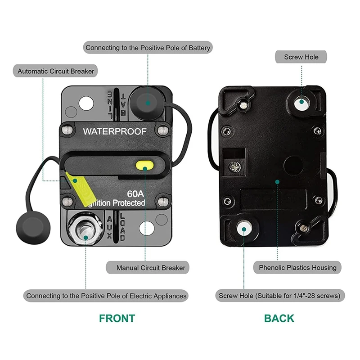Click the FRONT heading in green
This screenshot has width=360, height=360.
pyautogui.click(x=117, y=318)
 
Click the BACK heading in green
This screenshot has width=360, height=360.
pyautogui.click(x=279, y=318)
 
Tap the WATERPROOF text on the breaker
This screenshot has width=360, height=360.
pyautogui.click(x=115, y=131)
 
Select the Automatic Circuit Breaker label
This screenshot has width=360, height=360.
pyautogui.click(x=57, y=71)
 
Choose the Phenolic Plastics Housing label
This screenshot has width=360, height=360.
pyautogui.click(x=297, y=268)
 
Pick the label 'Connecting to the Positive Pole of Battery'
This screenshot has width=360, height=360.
pyautogui.click(x=148, y=47)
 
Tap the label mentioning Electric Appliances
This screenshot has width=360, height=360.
pyautogui.click(x=106, y=296)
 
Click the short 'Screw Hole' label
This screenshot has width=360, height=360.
pyautogui.click(x=301, y=57)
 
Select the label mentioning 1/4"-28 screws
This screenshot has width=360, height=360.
pyautogui.click(x=282, y=296)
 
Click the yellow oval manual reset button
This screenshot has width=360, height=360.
pyautogui.click(x=144, y=166)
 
